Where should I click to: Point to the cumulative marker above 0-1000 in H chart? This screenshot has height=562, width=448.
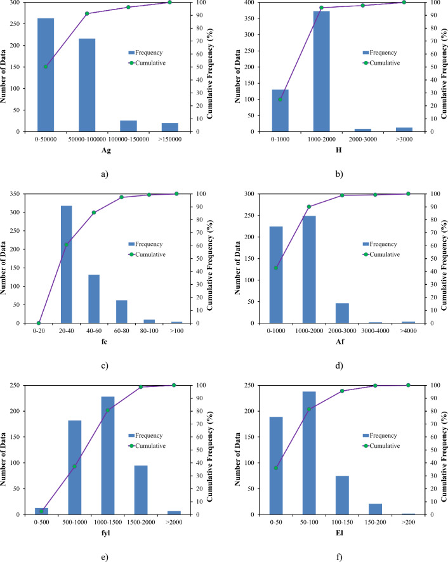click(280, 99)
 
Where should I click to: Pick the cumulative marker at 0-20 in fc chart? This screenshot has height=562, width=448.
click(39, 323)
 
